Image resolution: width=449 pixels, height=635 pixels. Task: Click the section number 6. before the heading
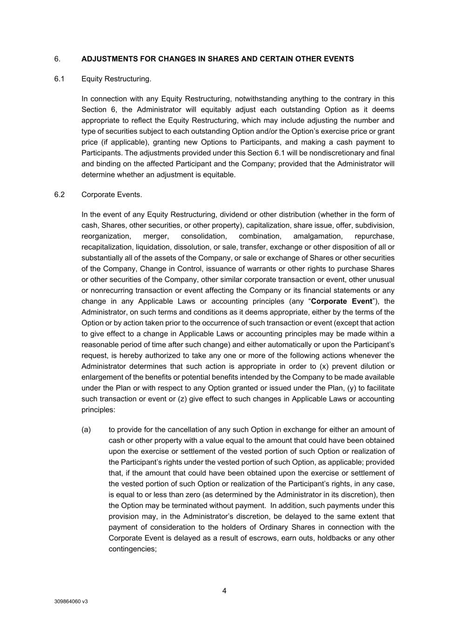(57, 59)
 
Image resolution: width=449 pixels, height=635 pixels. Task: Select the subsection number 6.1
(59, 79)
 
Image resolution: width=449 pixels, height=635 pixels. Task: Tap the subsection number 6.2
(59, 195)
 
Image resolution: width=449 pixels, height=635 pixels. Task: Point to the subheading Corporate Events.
(112, 195)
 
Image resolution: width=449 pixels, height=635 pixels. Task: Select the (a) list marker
(86, 430)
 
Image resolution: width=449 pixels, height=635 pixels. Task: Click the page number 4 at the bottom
(224, 591)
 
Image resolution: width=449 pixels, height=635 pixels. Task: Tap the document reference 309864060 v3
(71, 602)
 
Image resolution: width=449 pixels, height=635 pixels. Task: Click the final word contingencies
(132, 549)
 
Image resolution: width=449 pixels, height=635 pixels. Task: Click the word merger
(156, 236)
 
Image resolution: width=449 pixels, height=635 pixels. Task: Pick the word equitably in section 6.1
(220, 110)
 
